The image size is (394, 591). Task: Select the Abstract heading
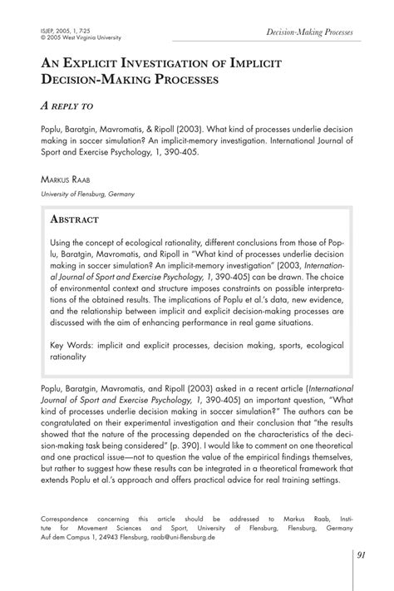pos(75,219)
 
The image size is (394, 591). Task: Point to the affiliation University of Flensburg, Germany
pos(87,194)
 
